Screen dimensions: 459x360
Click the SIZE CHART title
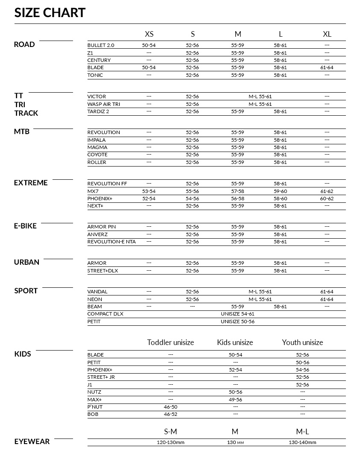point(50,12)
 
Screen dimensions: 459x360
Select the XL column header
point(327,34)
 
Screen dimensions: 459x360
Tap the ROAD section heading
point(24,44)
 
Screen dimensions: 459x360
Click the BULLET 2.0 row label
point(101,45)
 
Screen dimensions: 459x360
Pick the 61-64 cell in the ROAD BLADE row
point(327,67)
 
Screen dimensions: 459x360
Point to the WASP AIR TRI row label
point(104,104)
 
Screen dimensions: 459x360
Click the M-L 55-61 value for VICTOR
point(260,96)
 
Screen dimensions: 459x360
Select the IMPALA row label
point(97,140)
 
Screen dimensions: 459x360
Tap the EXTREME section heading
point(31,183)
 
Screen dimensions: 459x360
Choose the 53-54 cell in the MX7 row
point(149,191)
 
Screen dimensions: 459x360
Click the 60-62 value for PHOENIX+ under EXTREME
point(327,199)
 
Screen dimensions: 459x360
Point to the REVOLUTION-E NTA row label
point(111,242)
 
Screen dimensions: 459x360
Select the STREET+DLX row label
point(103,271)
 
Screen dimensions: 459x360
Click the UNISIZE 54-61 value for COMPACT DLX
point(237,314)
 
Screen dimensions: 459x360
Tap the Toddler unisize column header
point(170,342)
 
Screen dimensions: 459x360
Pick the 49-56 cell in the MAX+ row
point(235,400)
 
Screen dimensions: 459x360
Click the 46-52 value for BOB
point(170,414)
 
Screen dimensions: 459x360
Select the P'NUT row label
point(95,407)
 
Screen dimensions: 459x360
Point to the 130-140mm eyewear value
point(302,443)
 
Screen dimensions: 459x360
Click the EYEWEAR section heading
point(32,441)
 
